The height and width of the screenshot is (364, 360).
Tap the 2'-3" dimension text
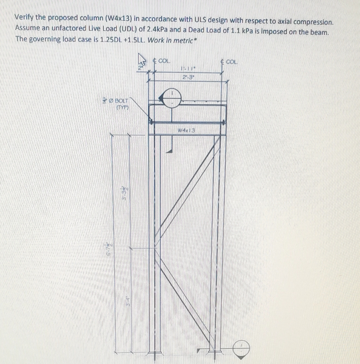(189, 77)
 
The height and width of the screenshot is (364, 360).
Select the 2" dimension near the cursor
(140, 68)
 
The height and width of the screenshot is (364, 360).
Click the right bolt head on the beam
(224, 123)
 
